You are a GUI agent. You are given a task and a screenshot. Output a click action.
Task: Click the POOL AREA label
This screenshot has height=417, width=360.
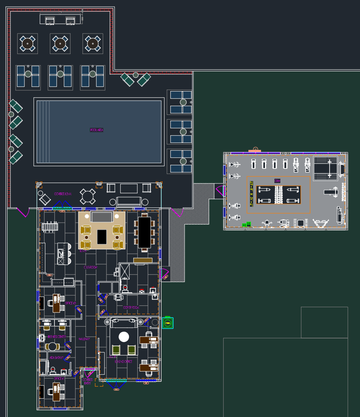tap(97, 130)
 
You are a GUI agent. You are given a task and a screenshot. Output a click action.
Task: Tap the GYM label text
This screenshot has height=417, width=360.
tap(278, 181)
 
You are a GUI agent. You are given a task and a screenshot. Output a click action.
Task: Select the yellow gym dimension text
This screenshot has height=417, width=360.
tap(252, 194)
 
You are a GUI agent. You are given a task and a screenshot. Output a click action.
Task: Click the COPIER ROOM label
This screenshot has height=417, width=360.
tap(131, 307)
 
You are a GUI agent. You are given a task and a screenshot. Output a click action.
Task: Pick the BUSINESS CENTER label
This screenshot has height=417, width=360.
tap(56, 337)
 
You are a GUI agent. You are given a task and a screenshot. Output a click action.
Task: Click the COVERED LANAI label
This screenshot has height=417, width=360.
tap(63, 194)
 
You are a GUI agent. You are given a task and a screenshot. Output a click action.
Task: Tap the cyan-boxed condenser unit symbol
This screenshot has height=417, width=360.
tap(168, 324)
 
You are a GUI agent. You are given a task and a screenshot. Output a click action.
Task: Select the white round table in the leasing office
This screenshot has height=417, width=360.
tap(124, 337)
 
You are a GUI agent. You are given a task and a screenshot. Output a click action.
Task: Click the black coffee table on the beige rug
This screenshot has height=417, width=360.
tap(102, 237)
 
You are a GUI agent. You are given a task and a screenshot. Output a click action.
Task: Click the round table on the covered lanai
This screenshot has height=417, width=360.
tap(88, 196)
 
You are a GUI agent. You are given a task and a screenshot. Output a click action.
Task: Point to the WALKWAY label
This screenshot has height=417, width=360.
tap(84, 339)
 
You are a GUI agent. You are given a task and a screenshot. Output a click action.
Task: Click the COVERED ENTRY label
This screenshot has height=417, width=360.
tap(88, 381)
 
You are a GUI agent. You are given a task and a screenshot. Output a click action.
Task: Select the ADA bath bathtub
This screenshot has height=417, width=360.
tap(43, 368)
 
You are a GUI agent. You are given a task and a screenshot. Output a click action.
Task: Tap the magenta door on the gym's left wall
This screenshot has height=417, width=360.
tap(220, 192)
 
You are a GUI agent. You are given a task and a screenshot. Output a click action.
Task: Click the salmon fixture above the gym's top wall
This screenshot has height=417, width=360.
tap(255, 151)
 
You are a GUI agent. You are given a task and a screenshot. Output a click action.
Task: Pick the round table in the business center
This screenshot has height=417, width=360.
tap(52, 347)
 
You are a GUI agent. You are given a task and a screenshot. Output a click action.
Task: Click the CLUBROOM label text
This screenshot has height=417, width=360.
tap(90, 267)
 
